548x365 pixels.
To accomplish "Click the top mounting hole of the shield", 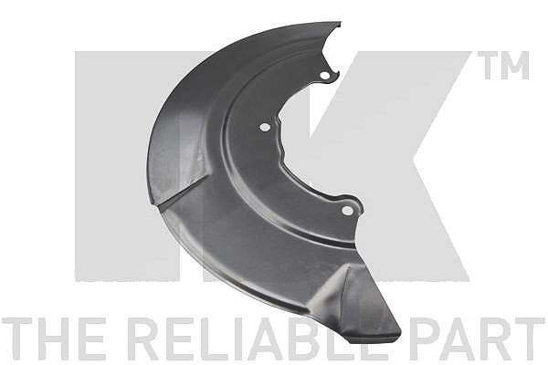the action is coord(324,76).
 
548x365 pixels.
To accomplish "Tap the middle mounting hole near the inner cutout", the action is coord(265,127).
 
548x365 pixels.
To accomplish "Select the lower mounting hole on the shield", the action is coord(347,210).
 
